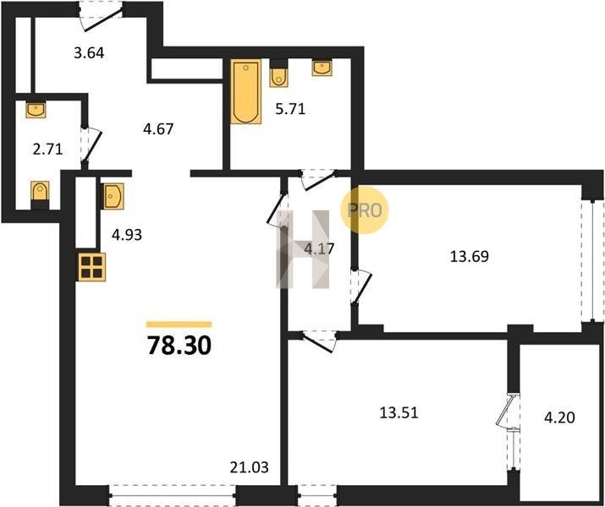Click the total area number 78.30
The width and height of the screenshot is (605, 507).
point(179,346)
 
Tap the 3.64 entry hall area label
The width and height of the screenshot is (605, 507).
point(89,52)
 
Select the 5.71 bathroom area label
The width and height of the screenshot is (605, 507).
point(290,109)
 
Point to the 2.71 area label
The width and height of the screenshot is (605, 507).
point(48,149)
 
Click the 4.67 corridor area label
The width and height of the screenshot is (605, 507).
point(158,128)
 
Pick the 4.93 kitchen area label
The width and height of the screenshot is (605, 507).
point(127,234)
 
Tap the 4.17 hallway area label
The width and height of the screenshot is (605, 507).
point(319,249)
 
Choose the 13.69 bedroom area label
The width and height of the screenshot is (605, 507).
point(470,256)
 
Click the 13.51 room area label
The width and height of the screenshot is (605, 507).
point(399,413)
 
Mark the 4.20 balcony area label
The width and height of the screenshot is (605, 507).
point(559,417)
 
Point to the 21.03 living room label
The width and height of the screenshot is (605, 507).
point(250,467)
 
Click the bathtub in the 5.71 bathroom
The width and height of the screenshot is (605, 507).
point(245,91)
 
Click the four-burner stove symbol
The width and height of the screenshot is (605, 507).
point(92,267)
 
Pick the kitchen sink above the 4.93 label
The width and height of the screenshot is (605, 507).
point(113,196)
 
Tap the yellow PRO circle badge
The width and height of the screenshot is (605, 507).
point(364,210)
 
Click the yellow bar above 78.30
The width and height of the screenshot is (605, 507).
point(179,324)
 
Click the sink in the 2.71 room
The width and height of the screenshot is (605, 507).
point(36,110)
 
